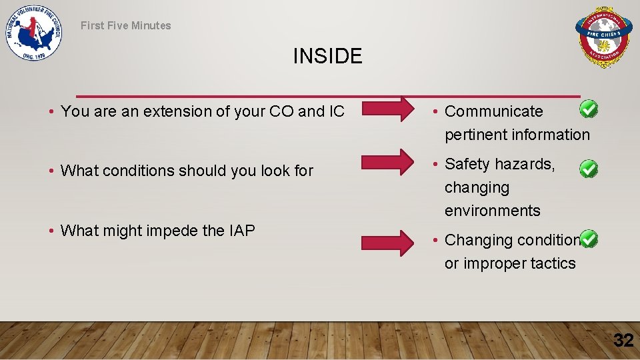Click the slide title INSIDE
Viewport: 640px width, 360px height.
click(x=327, y=56)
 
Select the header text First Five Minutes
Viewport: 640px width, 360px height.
click(x=126, y=25)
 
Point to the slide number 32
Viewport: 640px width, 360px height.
click(x=623, y=341)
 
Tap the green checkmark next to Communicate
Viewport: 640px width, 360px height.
click(x=588, y=109)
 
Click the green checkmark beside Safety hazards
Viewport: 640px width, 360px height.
click(x=588, y=169)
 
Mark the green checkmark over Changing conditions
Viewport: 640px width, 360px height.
click(x=588, y=239)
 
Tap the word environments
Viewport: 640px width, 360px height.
click(x=493, y=211)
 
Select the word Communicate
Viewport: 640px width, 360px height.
click(x=494, y=111)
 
